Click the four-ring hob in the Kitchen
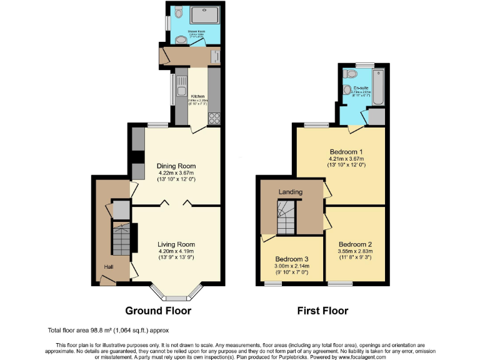click(x=214, y=117)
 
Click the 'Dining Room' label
click(x=176, y=166)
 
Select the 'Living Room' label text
click(x=176, y=244)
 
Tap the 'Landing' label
click(x=291, y=192)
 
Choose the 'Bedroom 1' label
click(x=346, y=152)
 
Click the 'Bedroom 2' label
click(x=355, y=244)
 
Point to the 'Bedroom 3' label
click(x=292, y=258)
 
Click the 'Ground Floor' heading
click(x=158, y=310)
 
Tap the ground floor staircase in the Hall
click(x=121, y=237)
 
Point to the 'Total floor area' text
click(x=108, y=330)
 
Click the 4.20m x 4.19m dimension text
click(x=176, y=251)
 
